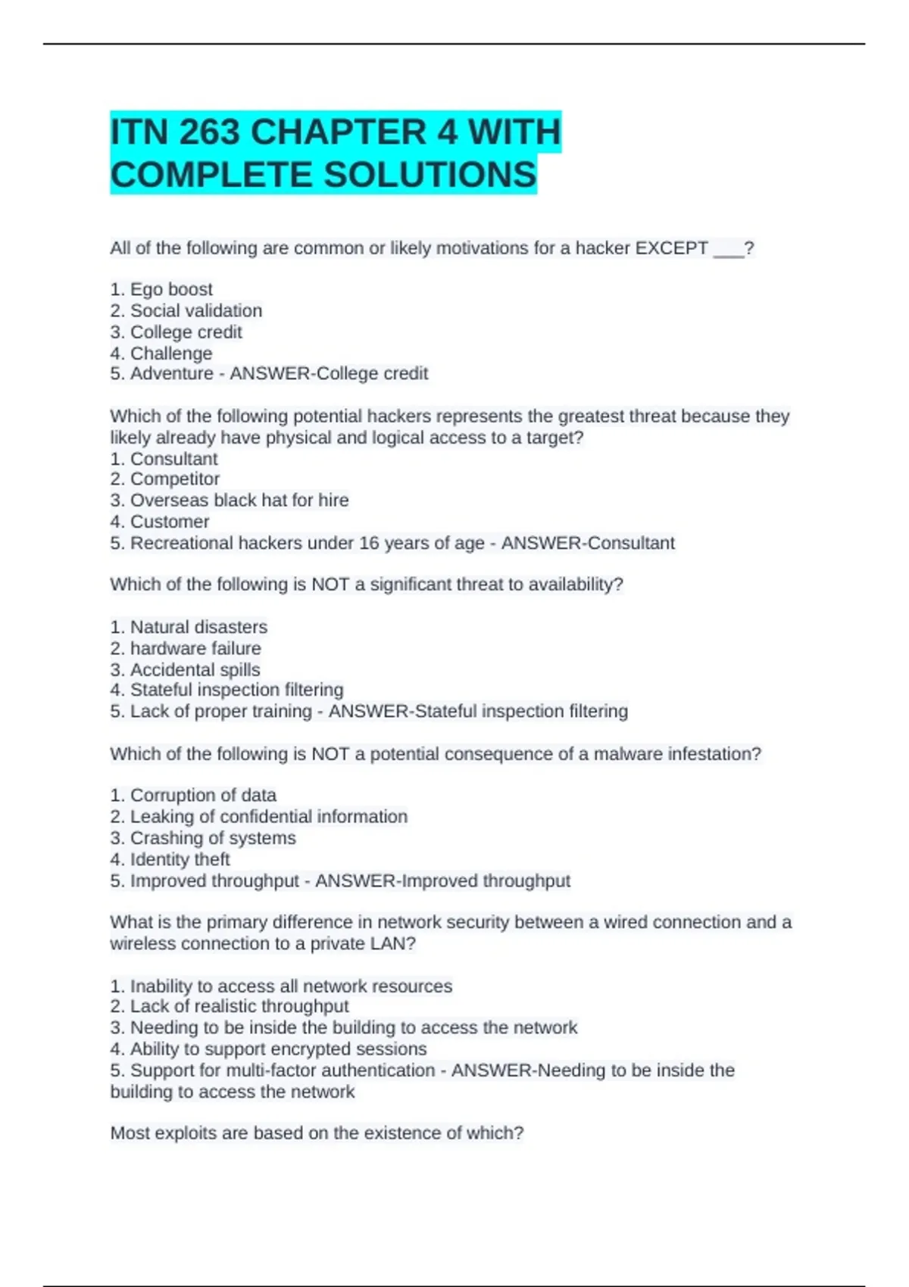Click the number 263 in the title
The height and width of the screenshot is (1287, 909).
pyautogui.click(x=210, y=132)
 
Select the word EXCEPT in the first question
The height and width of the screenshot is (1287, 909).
pyautogui.click(x=671, y=248)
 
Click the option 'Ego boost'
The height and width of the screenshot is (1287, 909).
pyautogui.click(x=171, y=289)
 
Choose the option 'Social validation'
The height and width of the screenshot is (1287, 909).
pyautogui.click(x=196, y=310)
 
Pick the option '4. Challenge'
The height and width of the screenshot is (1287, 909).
pyautogui.click(x=161, y=354)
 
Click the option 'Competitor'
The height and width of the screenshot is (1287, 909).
pyautogui.click(x=175, y=479)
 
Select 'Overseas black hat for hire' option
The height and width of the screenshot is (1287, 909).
pyautogui.click(x=239, y=500)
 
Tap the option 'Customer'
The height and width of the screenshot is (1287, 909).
pyautogui.click(x=170, y=522)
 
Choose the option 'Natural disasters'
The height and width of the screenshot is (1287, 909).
pyautogui.click(x=198, y=627)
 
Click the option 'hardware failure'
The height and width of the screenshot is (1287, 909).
pyautogui.click(x=195, y=648)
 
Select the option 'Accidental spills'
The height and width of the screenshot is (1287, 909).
pyautogui.click(x=195, y=670)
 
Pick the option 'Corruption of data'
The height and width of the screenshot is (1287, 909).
pyautogui.click(x=203, y=796)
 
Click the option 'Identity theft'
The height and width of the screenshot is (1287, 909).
pyautogui.click(x=180, y=859)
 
